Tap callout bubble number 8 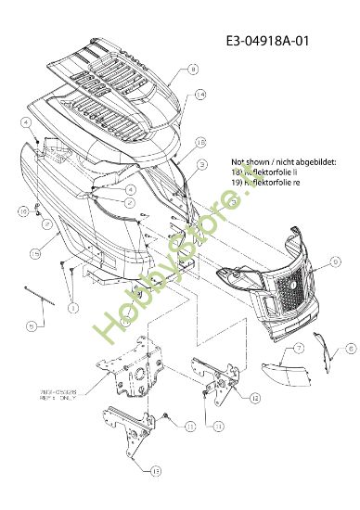(192, 70)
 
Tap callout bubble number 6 (325, 349)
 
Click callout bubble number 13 (144, 470)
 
